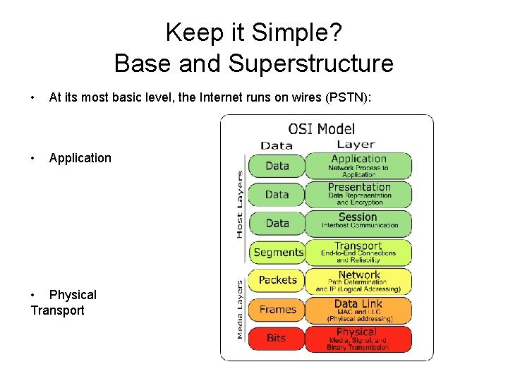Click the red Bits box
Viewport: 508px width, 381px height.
click(277, 338)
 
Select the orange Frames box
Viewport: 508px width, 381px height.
click(277, 309)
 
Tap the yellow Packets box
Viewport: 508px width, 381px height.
click(277, 280)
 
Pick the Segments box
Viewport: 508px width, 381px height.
click(277, 252)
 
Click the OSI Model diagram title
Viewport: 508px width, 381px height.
click(322, 129)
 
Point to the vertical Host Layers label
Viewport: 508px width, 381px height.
click(240, 205)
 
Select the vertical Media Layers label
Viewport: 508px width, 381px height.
click(240, 309)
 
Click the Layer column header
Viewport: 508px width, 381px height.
click(356, 145)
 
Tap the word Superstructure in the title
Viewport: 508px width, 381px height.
click(310, 64)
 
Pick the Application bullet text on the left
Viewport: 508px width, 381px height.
click(80, 158)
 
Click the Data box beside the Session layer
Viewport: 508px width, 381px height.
click(277, 223)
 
